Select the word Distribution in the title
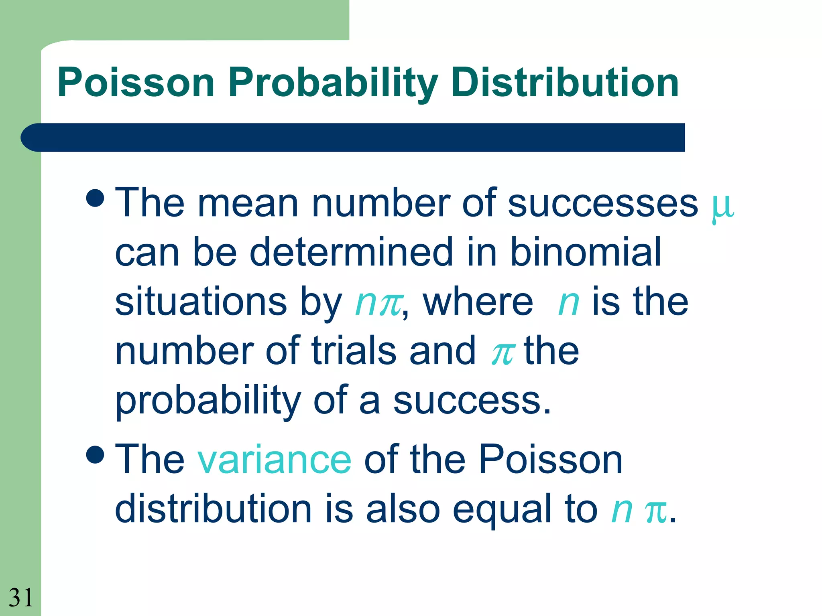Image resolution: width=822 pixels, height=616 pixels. pos(565,83)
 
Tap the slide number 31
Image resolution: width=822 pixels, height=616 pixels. pos(21,598)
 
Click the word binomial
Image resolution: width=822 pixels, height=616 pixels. pos(586,252)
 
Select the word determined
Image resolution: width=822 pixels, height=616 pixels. pos(351,252)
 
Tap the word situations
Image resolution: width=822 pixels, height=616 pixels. pos(201,302)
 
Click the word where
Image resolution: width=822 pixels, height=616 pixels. pos(478,302)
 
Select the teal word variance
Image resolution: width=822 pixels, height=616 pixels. pos(274,460)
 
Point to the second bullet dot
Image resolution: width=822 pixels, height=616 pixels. pos(96,454)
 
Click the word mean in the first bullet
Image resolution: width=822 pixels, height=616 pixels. pos(248,204)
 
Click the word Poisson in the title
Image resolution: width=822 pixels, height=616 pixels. pos(136,83)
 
